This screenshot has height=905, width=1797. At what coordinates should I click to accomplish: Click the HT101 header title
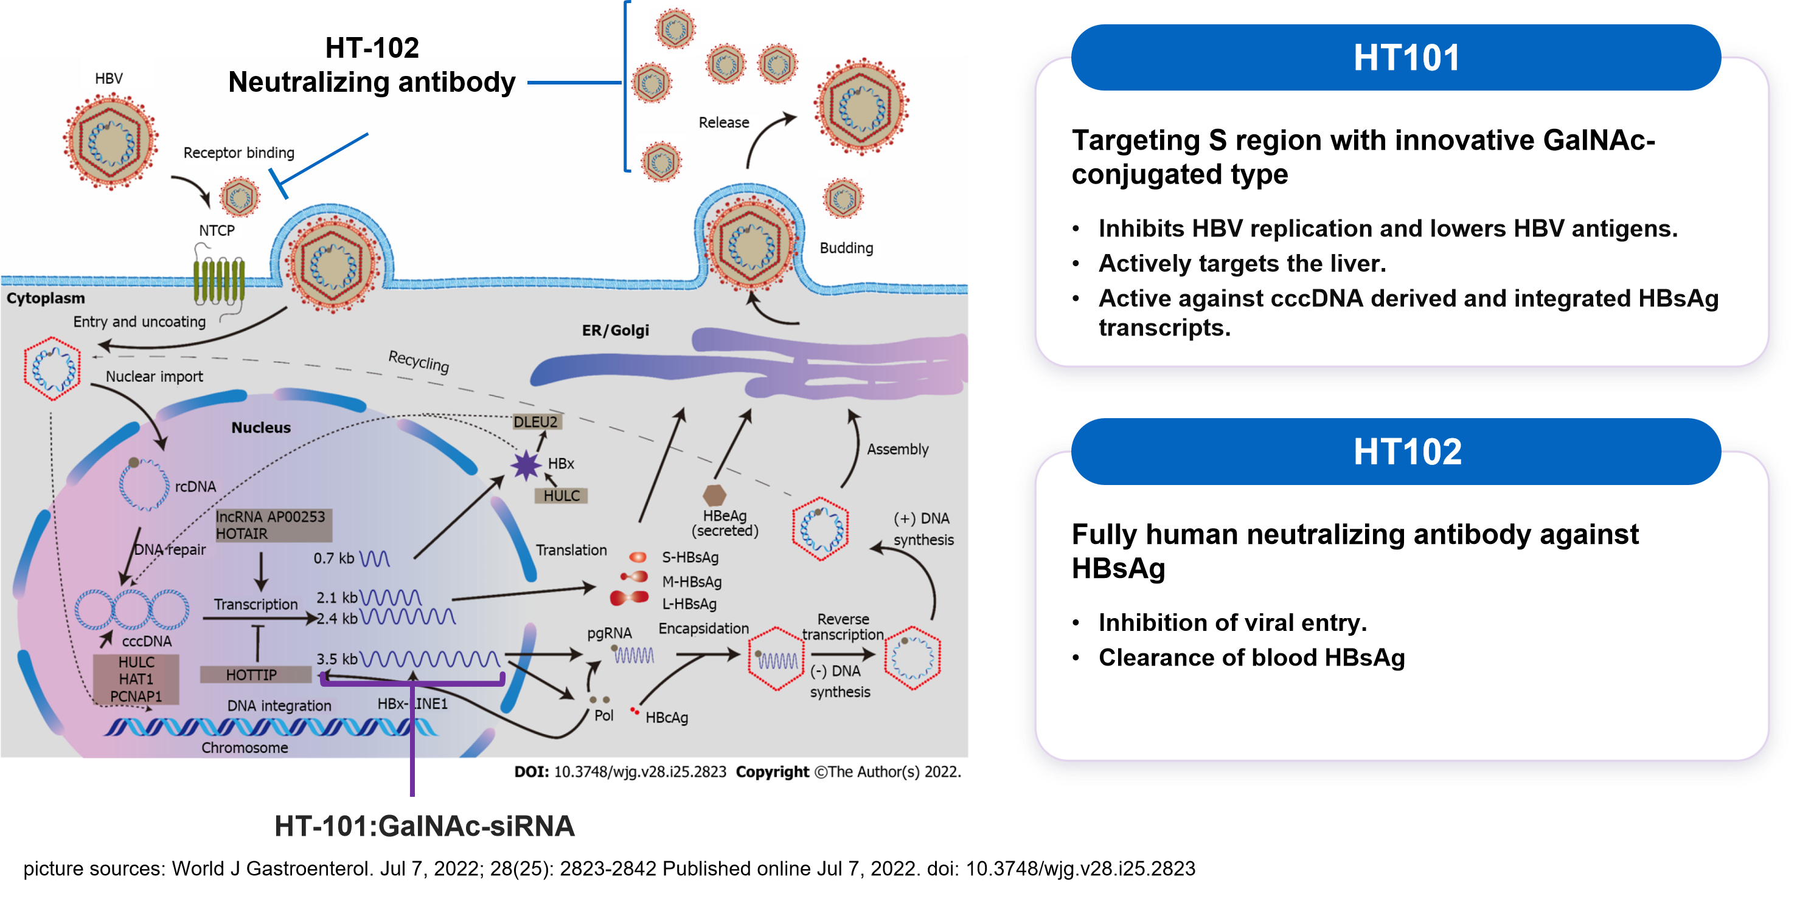click(x=1406, y=57)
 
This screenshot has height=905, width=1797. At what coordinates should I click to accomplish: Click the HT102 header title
click(x=1407, y=452)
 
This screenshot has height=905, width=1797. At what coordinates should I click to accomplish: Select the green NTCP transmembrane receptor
click(x=219, y=281)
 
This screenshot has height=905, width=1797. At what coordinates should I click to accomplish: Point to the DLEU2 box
click(x=536, y=422)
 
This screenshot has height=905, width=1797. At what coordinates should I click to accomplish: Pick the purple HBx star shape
click(x=526, y=465)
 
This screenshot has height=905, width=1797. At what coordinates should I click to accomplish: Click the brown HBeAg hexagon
click(x=714, y=495)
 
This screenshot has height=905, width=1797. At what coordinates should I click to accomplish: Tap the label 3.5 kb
click(x=336, y=659)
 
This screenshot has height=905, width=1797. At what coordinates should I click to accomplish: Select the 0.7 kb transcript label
click(x=333, y=559)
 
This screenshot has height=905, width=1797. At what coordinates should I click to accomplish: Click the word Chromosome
click(x=245, y=748)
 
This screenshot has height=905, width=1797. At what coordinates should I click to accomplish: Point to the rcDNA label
click(x=195, y=487)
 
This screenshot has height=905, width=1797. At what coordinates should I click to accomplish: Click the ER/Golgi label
click(x=615, y=331)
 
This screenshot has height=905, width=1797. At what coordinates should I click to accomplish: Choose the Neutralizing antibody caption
click(x=372, y=82)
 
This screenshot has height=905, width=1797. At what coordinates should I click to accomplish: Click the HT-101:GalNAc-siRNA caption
click(x=424, y=826)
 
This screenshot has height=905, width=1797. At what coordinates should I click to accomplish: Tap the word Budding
click(x=846, y=248)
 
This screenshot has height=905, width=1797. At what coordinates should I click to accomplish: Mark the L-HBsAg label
click(x=689, y=604)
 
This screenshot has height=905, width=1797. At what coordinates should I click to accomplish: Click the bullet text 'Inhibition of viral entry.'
click(x=1232, y=622)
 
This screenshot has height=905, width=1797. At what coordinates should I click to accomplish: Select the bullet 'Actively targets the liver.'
click(x=1242, y=264)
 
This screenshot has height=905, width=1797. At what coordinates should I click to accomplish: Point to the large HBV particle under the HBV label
click(x=111, y=142)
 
